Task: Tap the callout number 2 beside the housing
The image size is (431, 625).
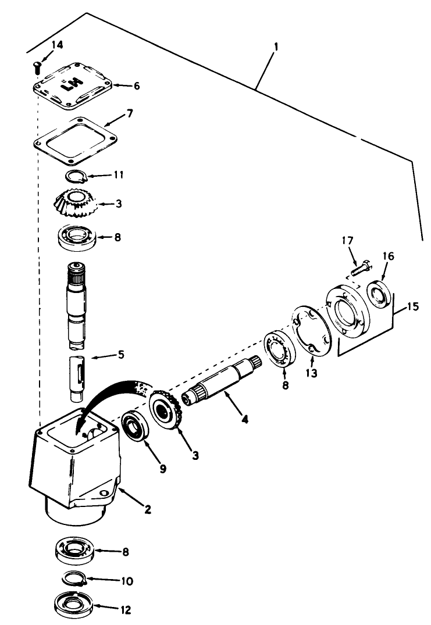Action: tap(148, 510)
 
